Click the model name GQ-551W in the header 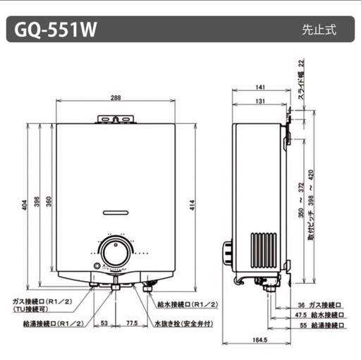tap(56, 30)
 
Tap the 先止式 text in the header tap(319, 30)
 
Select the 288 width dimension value tap(116, 98)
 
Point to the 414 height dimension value tap(192, 205)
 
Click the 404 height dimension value tap(25, 205)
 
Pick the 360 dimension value tap(49, 201)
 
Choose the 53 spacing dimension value tap(104, 323)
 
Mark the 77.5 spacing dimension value tap(132, 323)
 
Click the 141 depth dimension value tap(260, 87)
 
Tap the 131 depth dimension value tap(260, 101)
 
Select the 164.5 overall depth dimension tap(259, 340)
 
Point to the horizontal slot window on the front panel tap(116, 213)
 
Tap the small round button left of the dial tap(97, 266)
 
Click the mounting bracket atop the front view tap(116, 119)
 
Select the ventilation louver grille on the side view tap(264, 250)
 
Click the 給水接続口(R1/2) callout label tap(188, 304)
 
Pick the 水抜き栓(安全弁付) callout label tap(184, 323)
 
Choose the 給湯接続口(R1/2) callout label tap(54, 323)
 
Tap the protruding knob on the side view tap(228, 253)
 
